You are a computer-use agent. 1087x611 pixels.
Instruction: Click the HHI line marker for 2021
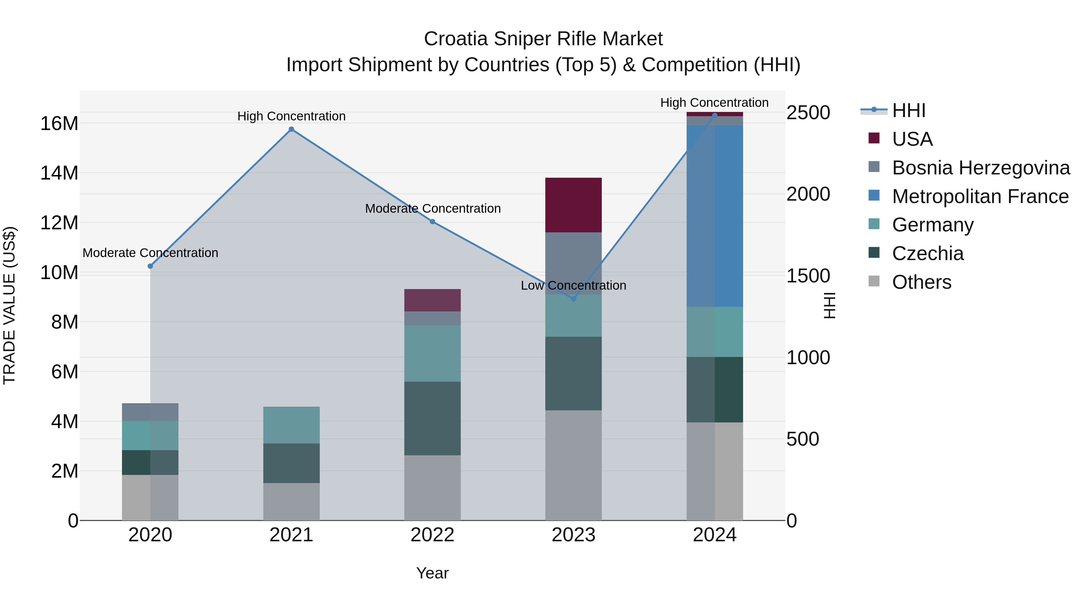tap(291, 129)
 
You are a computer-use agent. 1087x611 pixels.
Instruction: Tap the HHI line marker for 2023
tap(573, 298)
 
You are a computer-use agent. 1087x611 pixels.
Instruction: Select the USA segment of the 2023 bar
tap(573, 205)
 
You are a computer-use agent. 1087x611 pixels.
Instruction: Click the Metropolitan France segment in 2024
tap(714, 216)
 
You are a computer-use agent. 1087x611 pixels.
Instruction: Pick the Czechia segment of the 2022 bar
tap(432, 418)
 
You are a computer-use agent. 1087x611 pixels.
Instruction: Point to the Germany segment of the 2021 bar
tap(291, 425)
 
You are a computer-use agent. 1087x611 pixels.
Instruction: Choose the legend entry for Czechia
tap(928, 253)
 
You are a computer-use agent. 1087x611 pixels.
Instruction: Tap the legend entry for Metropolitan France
tap(980, 196)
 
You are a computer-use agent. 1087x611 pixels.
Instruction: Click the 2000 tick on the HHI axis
tap(808, 194)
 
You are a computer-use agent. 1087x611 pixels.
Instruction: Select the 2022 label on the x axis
tap(432, 535)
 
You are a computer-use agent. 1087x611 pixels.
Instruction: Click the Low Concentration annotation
tap(573, 285)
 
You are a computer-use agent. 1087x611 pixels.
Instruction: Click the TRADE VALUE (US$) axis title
tap(9, 305)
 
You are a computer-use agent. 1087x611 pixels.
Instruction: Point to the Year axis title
tap(432, 573)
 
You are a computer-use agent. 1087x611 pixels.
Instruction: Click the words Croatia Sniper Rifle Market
tap(543, 39)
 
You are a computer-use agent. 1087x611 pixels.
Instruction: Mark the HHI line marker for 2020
tap(150, 266)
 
